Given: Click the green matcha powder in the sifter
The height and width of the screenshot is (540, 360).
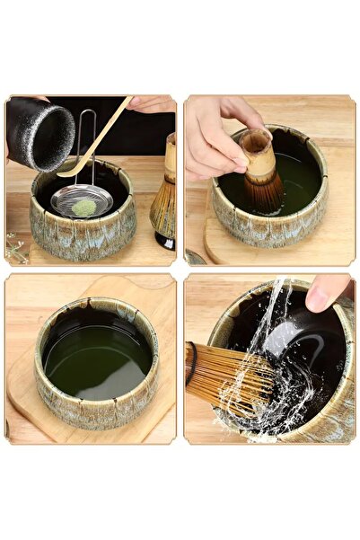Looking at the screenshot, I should click(83, 208).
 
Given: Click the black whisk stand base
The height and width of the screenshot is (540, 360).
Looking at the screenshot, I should click(163, 241).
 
